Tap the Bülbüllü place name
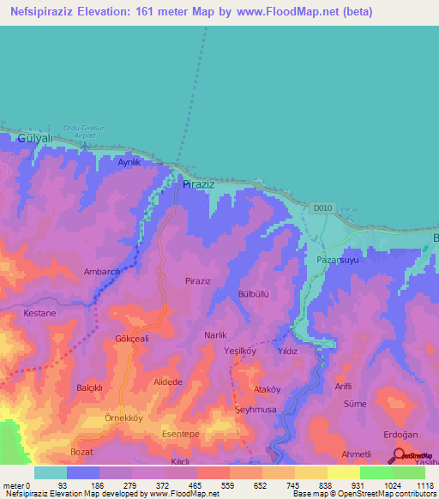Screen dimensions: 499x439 pos(254,293)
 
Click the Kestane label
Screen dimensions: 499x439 pos(39,313)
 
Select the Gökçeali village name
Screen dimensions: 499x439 pos(132,339)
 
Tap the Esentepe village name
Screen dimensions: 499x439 pos(181,435)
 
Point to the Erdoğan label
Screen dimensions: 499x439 pos(400,431)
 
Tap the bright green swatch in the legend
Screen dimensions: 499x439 pos(376,472)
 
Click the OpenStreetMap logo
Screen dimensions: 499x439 pos(410,456)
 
